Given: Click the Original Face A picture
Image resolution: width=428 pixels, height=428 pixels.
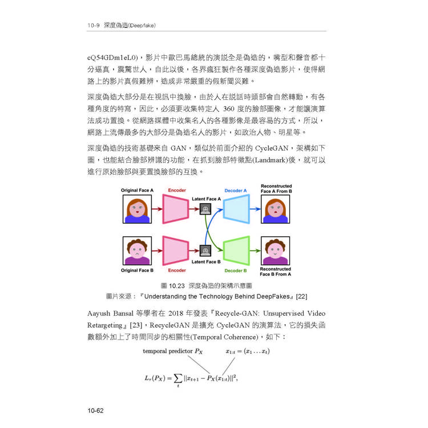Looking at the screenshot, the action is coord(137,209).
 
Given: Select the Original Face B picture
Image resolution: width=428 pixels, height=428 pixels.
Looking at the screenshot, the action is coord(137,251).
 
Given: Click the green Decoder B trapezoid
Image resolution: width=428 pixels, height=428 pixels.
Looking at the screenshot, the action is coord(236,251).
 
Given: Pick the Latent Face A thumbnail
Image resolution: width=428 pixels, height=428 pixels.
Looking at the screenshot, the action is coord(205,209).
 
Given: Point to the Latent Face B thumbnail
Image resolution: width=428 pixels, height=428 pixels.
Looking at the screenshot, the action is coord(205,251).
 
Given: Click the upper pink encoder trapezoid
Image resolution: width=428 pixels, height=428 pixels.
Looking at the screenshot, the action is coord(176,209).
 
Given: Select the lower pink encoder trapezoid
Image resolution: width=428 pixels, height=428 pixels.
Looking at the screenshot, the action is coord(176,251).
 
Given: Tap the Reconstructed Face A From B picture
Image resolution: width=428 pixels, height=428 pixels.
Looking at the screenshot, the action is coord(276,209).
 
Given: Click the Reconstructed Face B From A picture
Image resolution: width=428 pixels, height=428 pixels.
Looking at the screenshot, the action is coord(276,251).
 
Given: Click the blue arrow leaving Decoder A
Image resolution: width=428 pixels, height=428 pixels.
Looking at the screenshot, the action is coord(255,209).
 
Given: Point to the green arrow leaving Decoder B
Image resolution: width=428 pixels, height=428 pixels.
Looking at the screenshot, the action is coord(255,251).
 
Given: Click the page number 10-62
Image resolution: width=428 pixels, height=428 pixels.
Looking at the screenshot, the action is coord(95,410).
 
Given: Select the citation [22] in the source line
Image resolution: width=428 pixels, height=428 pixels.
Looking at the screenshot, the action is coord(302,296).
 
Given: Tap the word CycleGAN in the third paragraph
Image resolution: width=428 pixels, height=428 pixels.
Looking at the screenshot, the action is coord(272,148).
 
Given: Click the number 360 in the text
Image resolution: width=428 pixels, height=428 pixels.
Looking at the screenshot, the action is coord(229,109).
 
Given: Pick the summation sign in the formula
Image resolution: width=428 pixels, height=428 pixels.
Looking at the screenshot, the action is coord(178,378).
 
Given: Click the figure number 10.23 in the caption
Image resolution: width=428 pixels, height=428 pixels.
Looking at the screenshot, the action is coord(177,286).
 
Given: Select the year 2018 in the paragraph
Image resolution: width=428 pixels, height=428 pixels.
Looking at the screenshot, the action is coord(176,313).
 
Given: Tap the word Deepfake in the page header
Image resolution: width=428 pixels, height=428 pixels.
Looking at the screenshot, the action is coord(142,25).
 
